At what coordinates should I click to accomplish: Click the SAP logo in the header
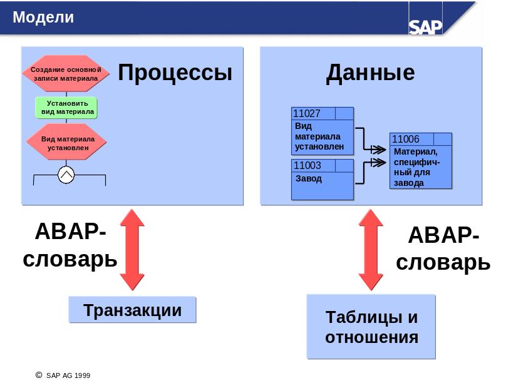coord(425,27)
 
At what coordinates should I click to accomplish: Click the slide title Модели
coord(43,18)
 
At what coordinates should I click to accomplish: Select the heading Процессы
coord(175,73)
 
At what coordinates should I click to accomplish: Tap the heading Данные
coord(371,73)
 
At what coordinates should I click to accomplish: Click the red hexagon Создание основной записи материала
coord(66,74)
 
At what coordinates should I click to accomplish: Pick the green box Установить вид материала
coord(66,108)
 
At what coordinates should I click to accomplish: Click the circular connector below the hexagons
coord(66,175)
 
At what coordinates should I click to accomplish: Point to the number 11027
coord(307,114)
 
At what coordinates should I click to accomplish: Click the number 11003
coord(307,165)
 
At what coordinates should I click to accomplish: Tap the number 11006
coord(406,139)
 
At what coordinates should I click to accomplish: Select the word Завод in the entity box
coord(309,179)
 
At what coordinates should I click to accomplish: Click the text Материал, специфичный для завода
coord(416,167)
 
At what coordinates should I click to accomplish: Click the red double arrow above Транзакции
coord(132,250)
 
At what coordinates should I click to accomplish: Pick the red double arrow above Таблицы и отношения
coord(371,250)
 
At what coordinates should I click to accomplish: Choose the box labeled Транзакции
coord(132,309)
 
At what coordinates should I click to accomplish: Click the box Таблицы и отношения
coord(371,327)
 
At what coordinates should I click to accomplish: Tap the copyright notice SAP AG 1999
coord(63,375)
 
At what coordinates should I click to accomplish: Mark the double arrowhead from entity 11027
coord(378,150)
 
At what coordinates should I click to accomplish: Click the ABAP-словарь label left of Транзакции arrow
coord(70,245)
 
